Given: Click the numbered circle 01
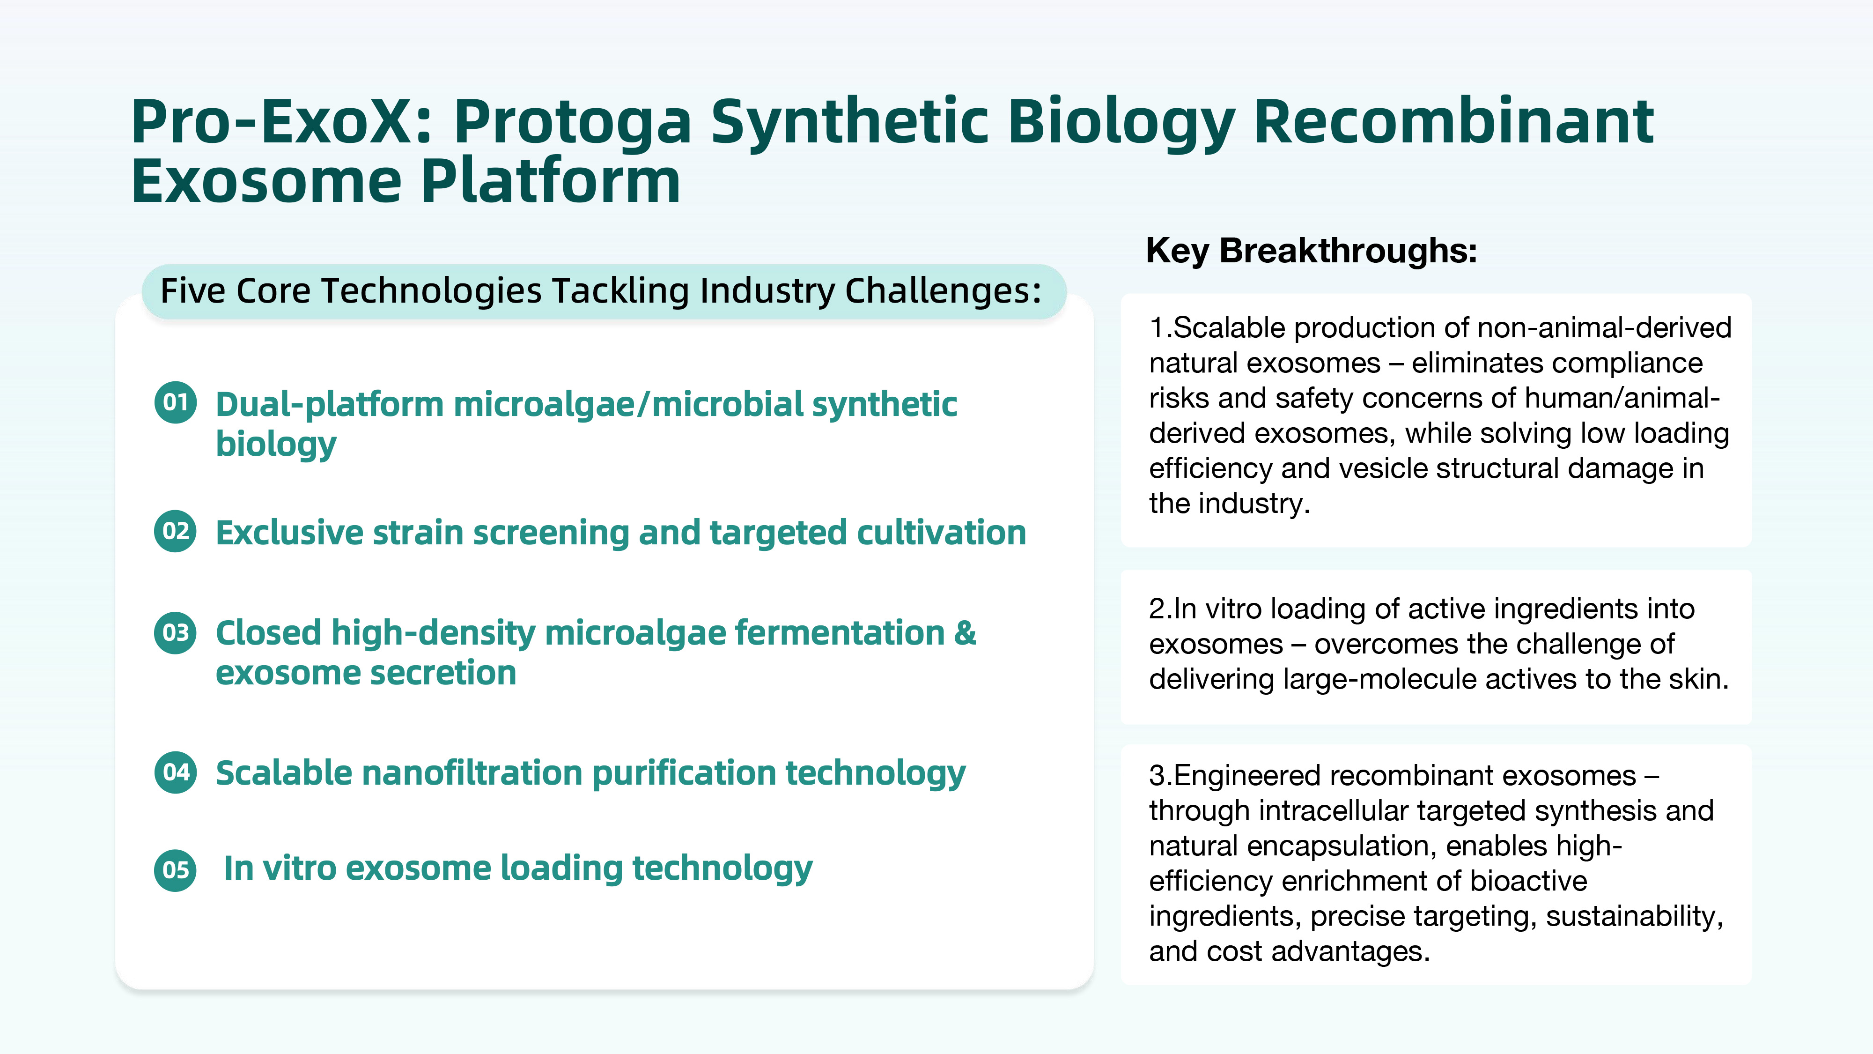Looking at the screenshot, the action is click(175, 402).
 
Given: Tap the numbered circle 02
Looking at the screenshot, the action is click(175, 531).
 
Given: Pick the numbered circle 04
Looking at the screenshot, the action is click(175, 772).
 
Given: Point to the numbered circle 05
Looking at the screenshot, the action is click(175, 870).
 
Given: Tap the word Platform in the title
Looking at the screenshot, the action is click(550, 182).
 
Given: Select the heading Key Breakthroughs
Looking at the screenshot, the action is click(1312, 251).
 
